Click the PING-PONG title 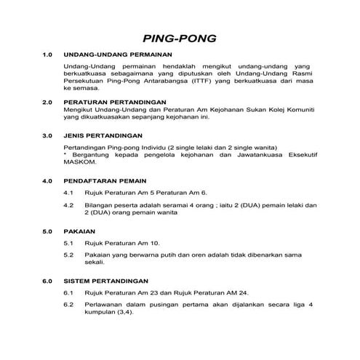[180, 37]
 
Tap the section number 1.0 [48, 55]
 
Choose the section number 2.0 [48, 102]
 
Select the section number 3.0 [48, 135]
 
